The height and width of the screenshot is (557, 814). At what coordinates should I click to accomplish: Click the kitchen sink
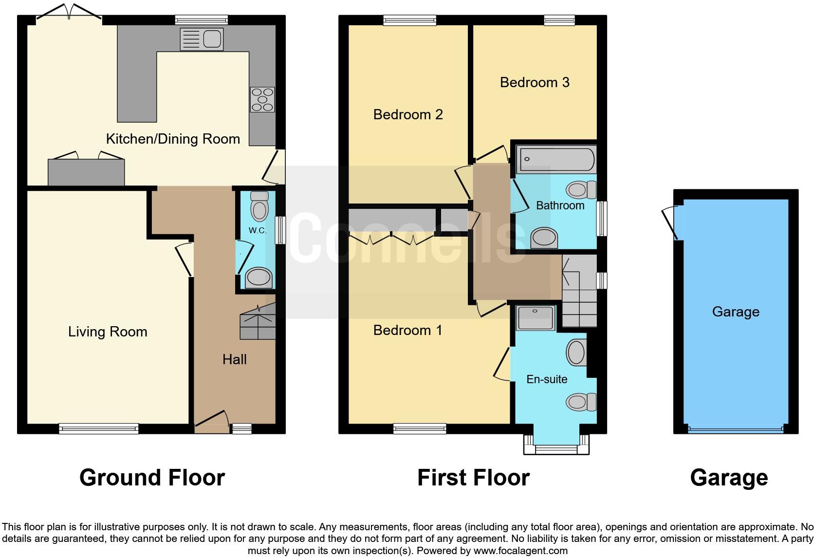click(202, 39)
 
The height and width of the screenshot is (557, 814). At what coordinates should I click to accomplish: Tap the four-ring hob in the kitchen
click(262, 99)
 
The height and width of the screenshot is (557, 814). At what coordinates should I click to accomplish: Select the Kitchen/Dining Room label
click(173, 139)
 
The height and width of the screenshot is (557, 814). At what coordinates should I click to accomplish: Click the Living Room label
click(108, 332)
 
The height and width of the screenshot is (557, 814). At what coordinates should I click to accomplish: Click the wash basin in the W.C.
click(258, 278)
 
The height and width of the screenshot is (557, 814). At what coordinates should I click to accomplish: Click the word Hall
click(234, 360)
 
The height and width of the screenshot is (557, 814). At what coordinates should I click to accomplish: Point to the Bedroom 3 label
click(535, 82)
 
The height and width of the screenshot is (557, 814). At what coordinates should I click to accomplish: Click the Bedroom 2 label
click(408, 114)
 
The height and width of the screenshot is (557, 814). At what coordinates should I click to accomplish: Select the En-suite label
click(547, 379)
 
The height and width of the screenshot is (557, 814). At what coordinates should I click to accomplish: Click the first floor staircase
click(579, 292)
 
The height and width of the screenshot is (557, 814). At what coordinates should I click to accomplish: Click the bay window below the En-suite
click(556, 444)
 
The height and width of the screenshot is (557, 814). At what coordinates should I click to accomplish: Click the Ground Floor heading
click(152, 478)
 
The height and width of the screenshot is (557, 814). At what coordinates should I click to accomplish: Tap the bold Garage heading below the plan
click(729, 478)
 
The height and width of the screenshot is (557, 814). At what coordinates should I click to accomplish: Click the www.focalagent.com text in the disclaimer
click(520, 551)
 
